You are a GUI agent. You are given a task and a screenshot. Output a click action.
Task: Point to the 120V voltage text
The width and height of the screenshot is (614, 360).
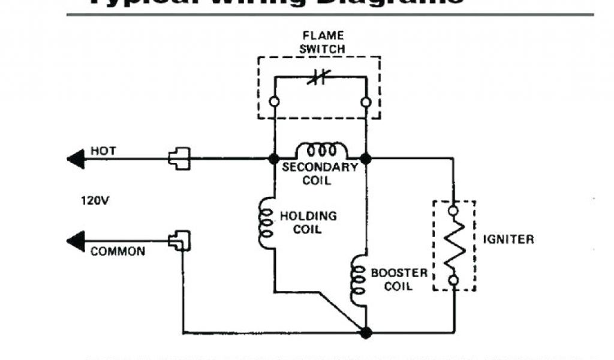(x=95, y=200)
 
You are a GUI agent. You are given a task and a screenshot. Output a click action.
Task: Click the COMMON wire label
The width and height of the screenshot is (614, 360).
(x=118, y=251)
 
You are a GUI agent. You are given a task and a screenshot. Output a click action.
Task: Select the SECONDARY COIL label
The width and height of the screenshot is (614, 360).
(x=320, y=173)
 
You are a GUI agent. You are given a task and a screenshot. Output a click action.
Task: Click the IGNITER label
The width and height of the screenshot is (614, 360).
(x=508, y=239)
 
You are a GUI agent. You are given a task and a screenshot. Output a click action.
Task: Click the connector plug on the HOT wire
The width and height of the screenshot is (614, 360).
(x=179, y=158)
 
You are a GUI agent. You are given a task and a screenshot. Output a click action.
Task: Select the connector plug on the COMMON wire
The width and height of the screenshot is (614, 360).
(x=179, y=241)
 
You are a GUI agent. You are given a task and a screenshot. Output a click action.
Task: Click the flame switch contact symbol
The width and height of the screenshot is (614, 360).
(x=319, y=77)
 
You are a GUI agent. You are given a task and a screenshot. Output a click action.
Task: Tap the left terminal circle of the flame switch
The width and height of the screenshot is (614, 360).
(x=274, y=102)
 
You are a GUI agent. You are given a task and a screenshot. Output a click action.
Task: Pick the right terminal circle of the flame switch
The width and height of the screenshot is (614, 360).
(x=366, y=102)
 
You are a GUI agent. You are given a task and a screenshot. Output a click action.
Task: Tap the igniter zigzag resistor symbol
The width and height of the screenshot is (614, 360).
(x=454, y=245)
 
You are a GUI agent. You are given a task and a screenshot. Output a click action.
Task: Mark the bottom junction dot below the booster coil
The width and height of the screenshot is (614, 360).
(x=366, y=332)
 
